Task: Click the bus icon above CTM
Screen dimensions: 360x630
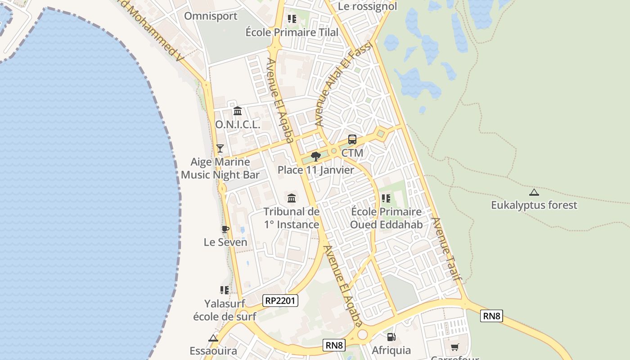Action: point(352,139)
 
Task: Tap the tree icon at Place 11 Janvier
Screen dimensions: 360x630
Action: point(316,156)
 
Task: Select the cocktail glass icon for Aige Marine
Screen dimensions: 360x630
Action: point(220,148)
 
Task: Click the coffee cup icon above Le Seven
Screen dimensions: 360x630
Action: point(225,229)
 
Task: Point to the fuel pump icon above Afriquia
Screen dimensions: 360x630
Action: point(391,337)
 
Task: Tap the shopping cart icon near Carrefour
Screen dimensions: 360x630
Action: point(454,347)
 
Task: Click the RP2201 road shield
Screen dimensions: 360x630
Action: point(280,300)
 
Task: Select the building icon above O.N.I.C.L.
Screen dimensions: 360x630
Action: point(238,111)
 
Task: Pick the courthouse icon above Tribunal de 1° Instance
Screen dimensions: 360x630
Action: point(292,198)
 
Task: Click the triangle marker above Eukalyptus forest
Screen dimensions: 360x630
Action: point(534,193)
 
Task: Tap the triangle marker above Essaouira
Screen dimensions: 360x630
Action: point(213,338)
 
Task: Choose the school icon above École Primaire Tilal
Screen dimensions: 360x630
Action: point(292,19)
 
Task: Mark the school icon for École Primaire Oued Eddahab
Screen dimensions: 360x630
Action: point(386,198)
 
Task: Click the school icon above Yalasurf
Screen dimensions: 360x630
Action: point(225,290)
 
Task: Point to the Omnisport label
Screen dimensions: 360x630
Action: point(211,16)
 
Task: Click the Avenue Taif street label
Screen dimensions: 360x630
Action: point(447,249)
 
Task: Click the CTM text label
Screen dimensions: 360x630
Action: point(352,153)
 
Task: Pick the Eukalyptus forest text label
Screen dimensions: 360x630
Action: point(534,206)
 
